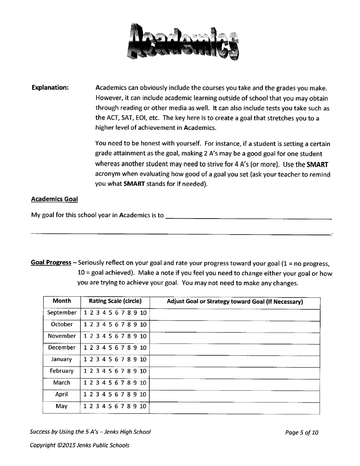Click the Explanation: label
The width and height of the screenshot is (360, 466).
pyautogui.click(x=50, y=88)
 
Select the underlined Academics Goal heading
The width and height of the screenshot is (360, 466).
pyautogui.click(x=54, y=199)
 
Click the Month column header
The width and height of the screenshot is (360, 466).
pyautogui.click(x=62, y=301)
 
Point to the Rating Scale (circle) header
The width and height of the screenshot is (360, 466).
pyautogui.click(x=115, y=301)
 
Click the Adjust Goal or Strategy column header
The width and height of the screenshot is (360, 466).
pyautogui.click(x=235, y=302)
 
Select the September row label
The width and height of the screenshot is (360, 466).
pyautogui.click(x=62, y=313)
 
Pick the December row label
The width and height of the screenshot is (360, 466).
pyautogui.click(x=62, y=347)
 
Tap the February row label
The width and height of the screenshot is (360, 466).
pyautogui.click(x=62, y=371)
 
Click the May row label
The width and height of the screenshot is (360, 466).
pyautogui.click(x=62, y=406)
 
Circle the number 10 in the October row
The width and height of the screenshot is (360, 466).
pyautogui.click(x=143, y=325)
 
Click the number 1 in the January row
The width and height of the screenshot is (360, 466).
pyautogui.click(x=86, y=360)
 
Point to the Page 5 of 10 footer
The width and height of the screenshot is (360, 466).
pyautogui.click(x=302, y=432)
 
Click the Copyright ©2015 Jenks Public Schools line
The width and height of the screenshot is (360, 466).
pyautogui.click(x=80, y=445)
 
